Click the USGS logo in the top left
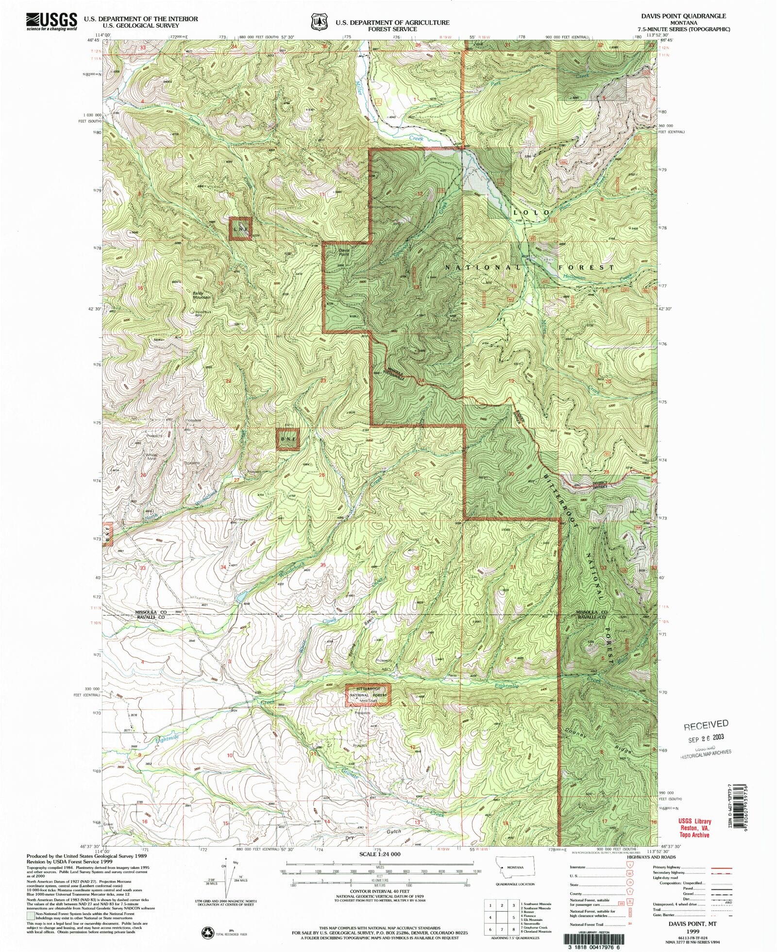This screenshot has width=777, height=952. [x=51, y=21]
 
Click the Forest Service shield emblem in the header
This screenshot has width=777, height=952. [x=318, y=22]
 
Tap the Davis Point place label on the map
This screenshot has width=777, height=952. [x=344, y=252]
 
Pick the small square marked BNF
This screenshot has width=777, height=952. [x=288, y=439]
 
